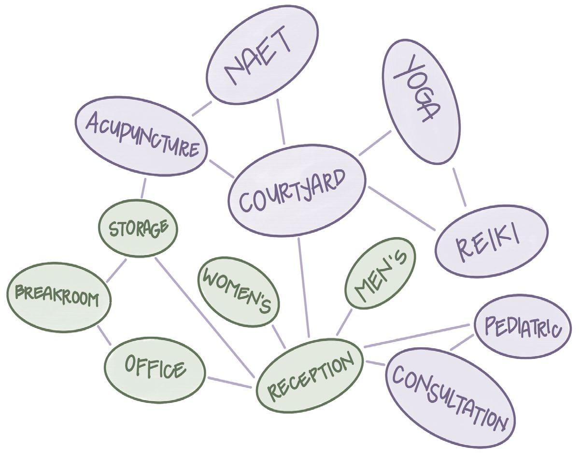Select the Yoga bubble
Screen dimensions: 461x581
(x=420, y=89)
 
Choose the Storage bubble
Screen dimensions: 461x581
(x=138, y=228)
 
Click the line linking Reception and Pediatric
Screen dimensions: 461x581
(x=418, y=335)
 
